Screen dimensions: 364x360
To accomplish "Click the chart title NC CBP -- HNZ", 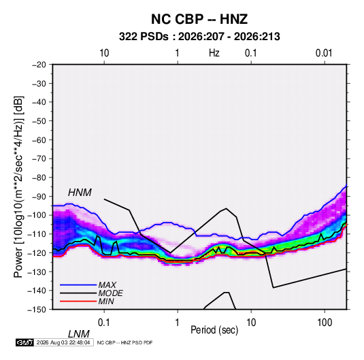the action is (x=199, y=19).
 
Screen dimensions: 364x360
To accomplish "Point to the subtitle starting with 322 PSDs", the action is (x=199, y=37).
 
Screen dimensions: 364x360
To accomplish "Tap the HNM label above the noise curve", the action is (x=80, y=193).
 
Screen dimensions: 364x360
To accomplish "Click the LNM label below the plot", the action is (x=78, y=334).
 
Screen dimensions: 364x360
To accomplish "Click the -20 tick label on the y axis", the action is (x=39, y=65).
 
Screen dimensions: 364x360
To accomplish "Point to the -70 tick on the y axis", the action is (x=39, y=159).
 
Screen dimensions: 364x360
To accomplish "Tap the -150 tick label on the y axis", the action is (x=37, y=310).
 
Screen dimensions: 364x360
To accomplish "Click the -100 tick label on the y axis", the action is (x=37, y=215).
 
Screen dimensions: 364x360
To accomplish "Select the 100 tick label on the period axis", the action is (x=325, y=323).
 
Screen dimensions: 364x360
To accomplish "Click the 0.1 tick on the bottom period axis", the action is (x=104, y=323).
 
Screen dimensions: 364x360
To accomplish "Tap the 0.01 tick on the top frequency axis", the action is (x=324, y=53).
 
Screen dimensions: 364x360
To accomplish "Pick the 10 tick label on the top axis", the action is (x=104, y=53).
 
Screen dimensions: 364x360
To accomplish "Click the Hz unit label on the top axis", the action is (x=214, y=53).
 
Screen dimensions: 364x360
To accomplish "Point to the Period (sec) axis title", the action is (x=214, y=330).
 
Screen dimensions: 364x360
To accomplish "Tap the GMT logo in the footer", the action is (x=24, y=342).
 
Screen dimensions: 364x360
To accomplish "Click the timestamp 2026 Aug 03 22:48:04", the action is (x=63, y=342).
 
